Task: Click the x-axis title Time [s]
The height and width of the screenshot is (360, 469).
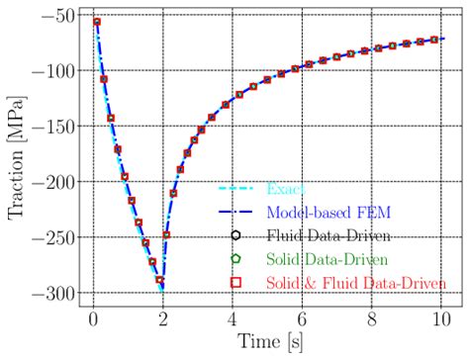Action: click(268, 345)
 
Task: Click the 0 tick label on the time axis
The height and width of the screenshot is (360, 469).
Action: click(90, 320)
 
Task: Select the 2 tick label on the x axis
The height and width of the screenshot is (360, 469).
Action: click(161, 320)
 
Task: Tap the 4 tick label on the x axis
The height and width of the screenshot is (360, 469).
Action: click(232, 320)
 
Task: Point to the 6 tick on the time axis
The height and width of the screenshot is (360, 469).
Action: click(303, 320)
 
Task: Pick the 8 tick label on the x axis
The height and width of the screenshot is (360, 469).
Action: click(373, 320)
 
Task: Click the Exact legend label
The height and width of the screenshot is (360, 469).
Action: click(287, 188)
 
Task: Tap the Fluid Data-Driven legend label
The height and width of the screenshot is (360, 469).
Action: click(328, 235)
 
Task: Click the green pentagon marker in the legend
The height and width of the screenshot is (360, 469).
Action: click(235, 259)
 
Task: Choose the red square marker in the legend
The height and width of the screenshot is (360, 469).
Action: click(235, 283)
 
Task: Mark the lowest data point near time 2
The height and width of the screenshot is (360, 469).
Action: click(160, 281)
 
